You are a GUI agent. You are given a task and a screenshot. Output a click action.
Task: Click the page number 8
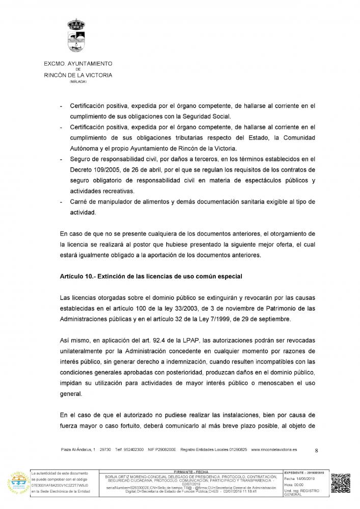point(316,450)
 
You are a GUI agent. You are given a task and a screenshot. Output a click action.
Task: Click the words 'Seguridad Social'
point(207,116)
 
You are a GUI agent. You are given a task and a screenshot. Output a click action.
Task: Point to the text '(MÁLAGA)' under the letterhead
point(78,81)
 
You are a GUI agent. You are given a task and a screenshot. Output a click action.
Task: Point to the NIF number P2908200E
point(163,450)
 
